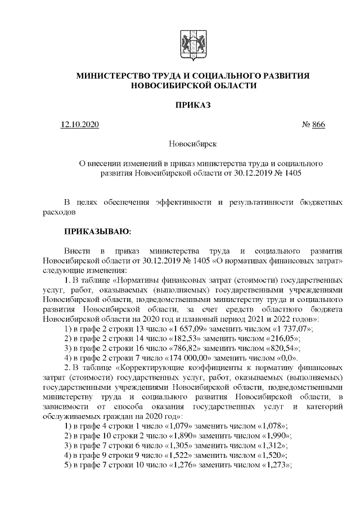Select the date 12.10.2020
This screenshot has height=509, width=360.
pos(79,125)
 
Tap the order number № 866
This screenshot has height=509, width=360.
pos(313,125)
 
